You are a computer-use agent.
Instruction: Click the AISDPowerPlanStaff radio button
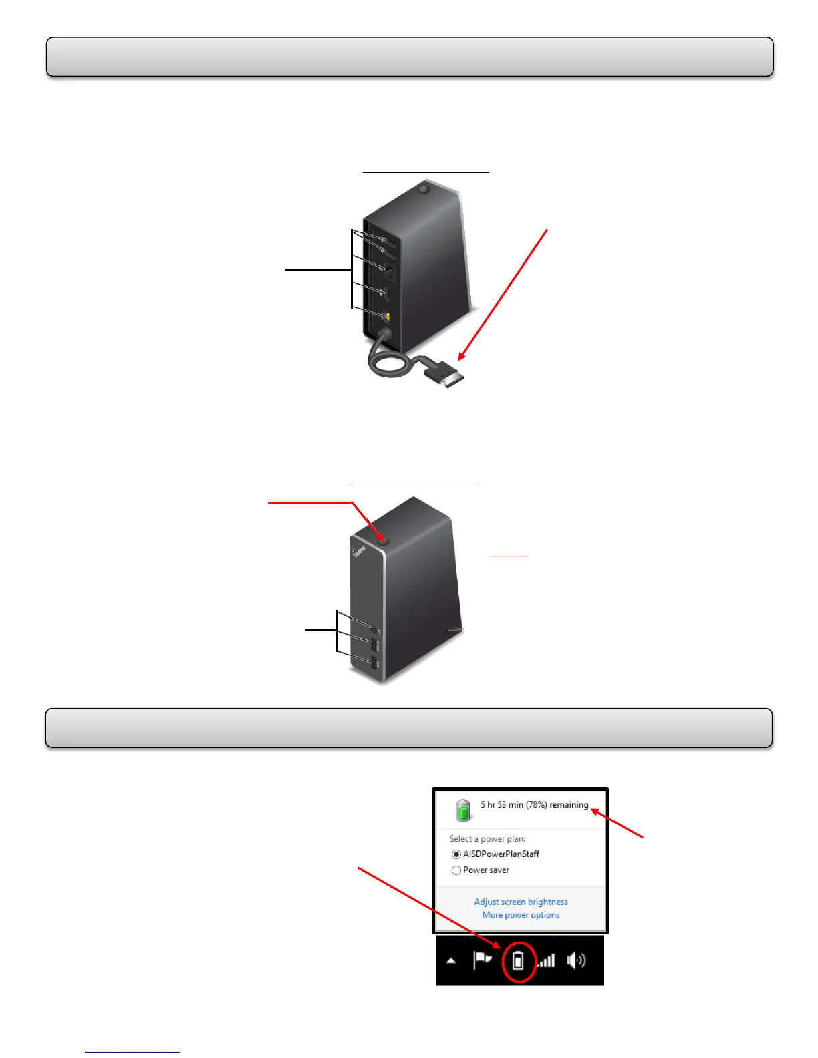coord(456,854)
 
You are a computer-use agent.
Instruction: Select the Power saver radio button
coord(456,870)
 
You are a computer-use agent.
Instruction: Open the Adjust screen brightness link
coord(521,902)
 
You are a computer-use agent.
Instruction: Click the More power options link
coord(521,915)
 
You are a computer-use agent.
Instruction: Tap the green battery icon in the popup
coord(463,810)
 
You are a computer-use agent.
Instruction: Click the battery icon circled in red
coord(518,961)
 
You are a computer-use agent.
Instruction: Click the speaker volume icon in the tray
coord(575,960)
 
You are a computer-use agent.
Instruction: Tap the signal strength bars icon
coord(547,961)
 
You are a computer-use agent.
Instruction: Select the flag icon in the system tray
coord(482,960)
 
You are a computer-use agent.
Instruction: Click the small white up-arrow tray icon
coord(451,961)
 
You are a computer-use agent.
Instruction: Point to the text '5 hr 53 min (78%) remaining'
coord(534,805)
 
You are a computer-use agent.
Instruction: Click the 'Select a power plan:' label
coord(487,839)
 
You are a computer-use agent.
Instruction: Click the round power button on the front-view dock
coord(382,539)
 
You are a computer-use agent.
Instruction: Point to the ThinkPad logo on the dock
coord(358,552)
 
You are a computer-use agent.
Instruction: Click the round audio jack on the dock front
coord(374,630)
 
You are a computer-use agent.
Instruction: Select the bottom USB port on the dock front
coord(374,663)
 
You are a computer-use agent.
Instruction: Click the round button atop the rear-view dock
coord(422,188)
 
